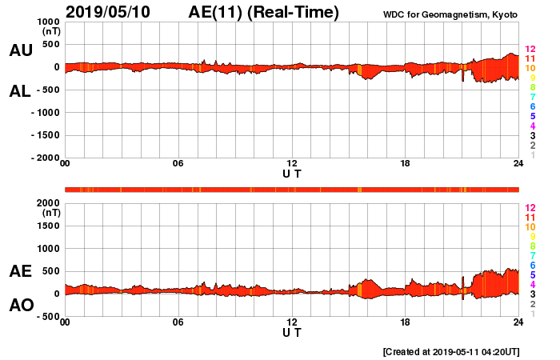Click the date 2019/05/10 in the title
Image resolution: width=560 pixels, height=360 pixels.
pos(118,12)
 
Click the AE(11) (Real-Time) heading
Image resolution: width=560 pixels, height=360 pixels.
pos(263,12)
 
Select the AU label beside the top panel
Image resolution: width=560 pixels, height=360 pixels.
pos(20,50)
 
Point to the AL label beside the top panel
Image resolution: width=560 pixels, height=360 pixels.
pos(20,91)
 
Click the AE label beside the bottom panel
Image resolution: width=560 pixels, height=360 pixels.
pos(20,271)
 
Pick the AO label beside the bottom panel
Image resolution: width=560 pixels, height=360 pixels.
pos(20,305)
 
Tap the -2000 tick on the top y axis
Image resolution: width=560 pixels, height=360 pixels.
pos(44,158)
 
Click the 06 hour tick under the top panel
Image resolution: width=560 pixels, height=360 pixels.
pos(178,164)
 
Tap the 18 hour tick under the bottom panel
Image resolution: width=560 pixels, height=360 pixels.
pos(405,322)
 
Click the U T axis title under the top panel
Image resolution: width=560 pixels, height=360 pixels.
pos(292,174)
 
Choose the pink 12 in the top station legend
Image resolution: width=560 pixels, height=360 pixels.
pos(530,50)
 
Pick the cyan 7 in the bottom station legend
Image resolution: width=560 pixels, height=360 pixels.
pos(532,255)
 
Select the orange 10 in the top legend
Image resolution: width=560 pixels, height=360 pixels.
pos(530,69)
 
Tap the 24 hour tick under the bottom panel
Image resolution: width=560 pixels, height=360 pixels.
pos(518,322)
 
